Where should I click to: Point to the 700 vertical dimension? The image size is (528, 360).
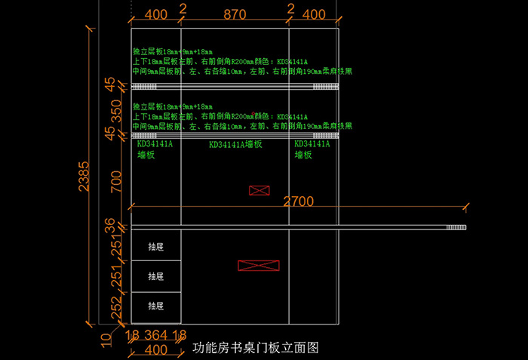click(x=115, y=181)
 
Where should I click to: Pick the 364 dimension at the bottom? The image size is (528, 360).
click(x=156, y=335)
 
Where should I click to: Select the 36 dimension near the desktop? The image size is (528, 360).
click(x=111, y=225)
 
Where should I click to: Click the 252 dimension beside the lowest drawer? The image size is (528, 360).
click(x=115, y=307)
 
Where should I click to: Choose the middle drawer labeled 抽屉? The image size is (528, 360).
click(x=155, y=276)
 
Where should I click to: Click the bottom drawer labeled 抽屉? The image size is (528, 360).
click(x=155, y=306)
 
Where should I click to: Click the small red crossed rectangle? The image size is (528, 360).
click(x=259, y=190)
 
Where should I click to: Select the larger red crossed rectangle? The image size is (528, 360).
click(x=258, y=266)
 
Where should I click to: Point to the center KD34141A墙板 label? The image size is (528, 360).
click(x=235, y=144)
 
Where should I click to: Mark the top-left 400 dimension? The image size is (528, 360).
click(x=155, y=14)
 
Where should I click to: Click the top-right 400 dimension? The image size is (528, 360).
click(x=314, y=14)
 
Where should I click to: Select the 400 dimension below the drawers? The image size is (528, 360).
click(x=155, y=349)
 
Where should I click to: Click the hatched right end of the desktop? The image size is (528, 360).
click(x=456, y=227)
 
